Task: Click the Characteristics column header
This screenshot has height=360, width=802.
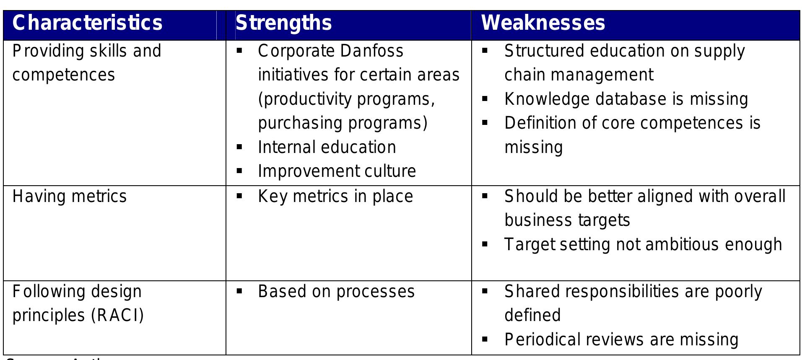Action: click(87, 23)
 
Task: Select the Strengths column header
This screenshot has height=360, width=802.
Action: click(283, 23)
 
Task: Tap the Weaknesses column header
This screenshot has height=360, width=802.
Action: click(542, 23)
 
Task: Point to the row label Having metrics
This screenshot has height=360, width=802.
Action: click(69, 197)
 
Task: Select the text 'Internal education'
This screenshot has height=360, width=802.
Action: click(327, 148)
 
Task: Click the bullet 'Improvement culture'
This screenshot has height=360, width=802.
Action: click(337, 171)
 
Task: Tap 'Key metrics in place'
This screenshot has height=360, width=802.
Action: click(335, 197)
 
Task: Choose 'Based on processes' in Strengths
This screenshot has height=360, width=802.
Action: click(336, 292)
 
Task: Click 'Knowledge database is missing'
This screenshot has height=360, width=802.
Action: click(626, 99)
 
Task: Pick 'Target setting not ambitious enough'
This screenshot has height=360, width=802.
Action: click(643, 244)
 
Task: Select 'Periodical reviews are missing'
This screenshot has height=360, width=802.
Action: click(621, 339)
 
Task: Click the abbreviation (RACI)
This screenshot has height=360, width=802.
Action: click(117, 316)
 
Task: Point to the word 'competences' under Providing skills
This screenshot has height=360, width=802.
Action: click(63, 75)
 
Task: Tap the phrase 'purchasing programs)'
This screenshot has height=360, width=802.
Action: click(343, 123)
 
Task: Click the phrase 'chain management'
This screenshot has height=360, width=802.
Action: click(579, 75)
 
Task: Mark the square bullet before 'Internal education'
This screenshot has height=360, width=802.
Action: click(239, 147)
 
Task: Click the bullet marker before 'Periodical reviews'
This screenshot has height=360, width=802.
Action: click(485, 339)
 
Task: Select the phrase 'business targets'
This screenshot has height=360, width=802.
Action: click(567, 220)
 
